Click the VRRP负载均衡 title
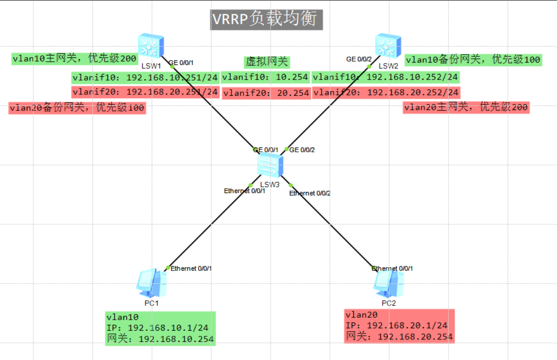pyautogui.click(x=267, y=19)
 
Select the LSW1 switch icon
pyautogui.click(x=151, y=46)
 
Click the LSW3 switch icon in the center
pyautogui.click(x=270, y=166)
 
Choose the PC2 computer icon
pyautogui.click(x=388, y=284)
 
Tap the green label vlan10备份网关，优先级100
pyautogui.click(x=473, y=60)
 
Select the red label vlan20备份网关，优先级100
pyautogui.click(x=77, y=108)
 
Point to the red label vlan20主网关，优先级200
pyautogui.click(x=465, y=108)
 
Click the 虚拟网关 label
pyautogui.click(x=266, y=62)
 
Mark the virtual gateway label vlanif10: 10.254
pyautogui.click(x=266, y=77)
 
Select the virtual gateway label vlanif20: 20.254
pyautogui.click(x=266, y=93)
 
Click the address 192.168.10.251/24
pyautogui.click(x=172, y=77)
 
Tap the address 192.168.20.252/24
pyautogui.click(x=413, y=92)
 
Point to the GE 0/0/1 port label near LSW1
pyautogui.click(x=182, y=63)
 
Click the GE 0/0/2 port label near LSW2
pyautogui.click(x=359, y=59)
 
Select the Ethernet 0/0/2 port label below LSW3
pyautogui.click(x=310, y=193)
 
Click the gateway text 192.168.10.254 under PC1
pyautogui.click(x=176, y=339)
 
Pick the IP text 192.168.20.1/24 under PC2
pyautogui.click(x=407, y=325)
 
